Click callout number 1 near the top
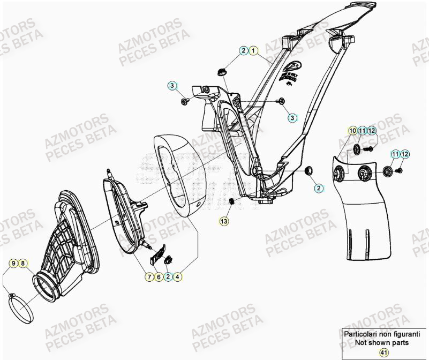point(253,50)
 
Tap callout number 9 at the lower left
point(13,263)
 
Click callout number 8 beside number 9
point(22,263)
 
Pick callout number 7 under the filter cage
point(148,276)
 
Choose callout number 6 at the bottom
point(159,276)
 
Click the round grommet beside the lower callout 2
point(309,170)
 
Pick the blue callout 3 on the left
point(172,86)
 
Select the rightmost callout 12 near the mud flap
point(405,154)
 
